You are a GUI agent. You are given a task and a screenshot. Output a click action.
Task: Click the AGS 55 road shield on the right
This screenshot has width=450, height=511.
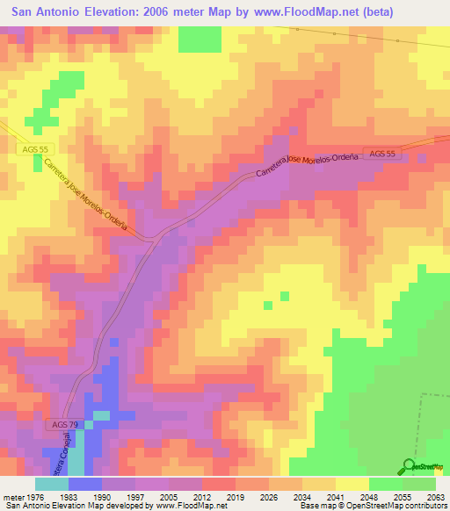[383, 154]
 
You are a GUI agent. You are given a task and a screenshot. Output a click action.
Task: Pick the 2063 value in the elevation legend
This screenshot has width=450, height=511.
[436, 495]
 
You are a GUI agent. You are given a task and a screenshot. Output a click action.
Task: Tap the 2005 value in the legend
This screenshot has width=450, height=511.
[168, 495]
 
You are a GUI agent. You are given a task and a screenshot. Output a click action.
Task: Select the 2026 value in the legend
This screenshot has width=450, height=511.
[269, 495]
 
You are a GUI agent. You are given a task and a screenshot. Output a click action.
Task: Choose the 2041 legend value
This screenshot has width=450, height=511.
[335, 495]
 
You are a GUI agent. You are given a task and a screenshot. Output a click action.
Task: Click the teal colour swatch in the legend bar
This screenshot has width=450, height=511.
[52, 483]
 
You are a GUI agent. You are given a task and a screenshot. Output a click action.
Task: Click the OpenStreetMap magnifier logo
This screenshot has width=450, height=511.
[409, 466]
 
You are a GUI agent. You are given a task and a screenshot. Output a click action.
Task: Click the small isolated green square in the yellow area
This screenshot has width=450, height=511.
[284, 296]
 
